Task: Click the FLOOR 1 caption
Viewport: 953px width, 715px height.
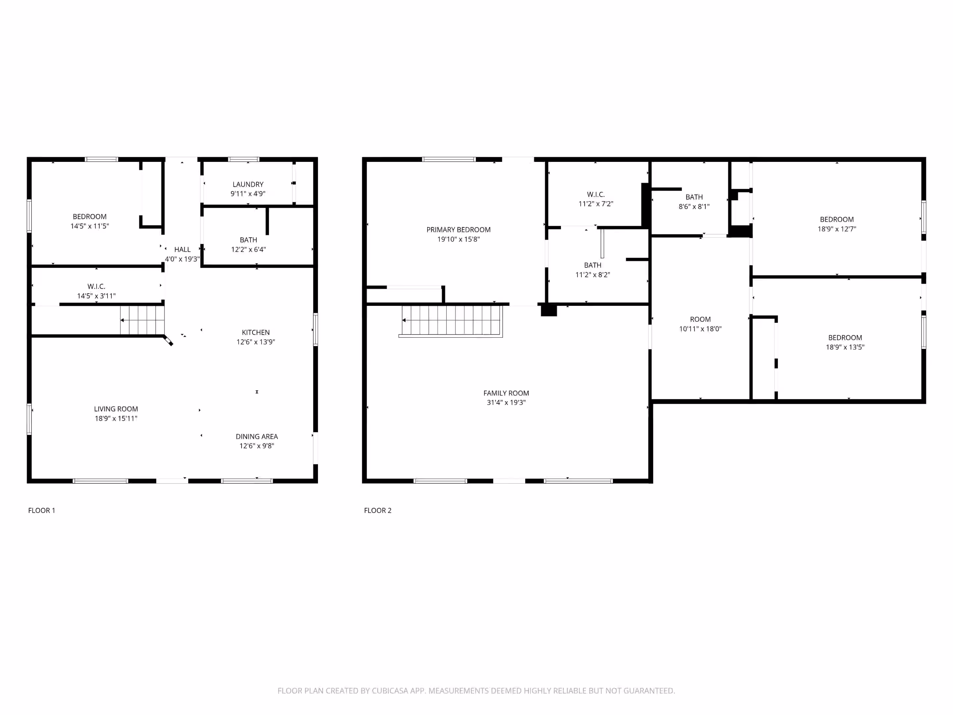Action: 41,510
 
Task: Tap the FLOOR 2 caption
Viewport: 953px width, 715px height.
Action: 378,510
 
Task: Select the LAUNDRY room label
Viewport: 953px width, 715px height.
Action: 248,184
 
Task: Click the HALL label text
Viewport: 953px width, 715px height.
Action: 182,250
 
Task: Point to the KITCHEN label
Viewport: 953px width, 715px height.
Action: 255,332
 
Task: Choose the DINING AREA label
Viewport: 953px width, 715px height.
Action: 257,437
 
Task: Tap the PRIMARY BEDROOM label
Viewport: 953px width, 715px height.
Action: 458,230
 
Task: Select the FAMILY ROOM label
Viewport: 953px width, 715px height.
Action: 506,393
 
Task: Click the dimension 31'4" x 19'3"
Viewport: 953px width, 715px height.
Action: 506,403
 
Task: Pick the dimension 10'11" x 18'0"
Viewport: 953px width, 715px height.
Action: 700,329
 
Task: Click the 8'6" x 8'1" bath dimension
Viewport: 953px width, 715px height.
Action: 694,207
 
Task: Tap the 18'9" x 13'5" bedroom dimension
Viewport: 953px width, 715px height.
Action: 845,347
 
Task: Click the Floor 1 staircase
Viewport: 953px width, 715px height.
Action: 142,320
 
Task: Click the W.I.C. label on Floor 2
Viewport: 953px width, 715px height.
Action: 596,194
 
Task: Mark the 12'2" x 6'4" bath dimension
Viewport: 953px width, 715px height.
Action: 249,249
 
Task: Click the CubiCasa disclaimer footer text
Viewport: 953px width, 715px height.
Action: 476,691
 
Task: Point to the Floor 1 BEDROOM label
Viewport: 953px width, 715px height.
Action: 90,216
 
